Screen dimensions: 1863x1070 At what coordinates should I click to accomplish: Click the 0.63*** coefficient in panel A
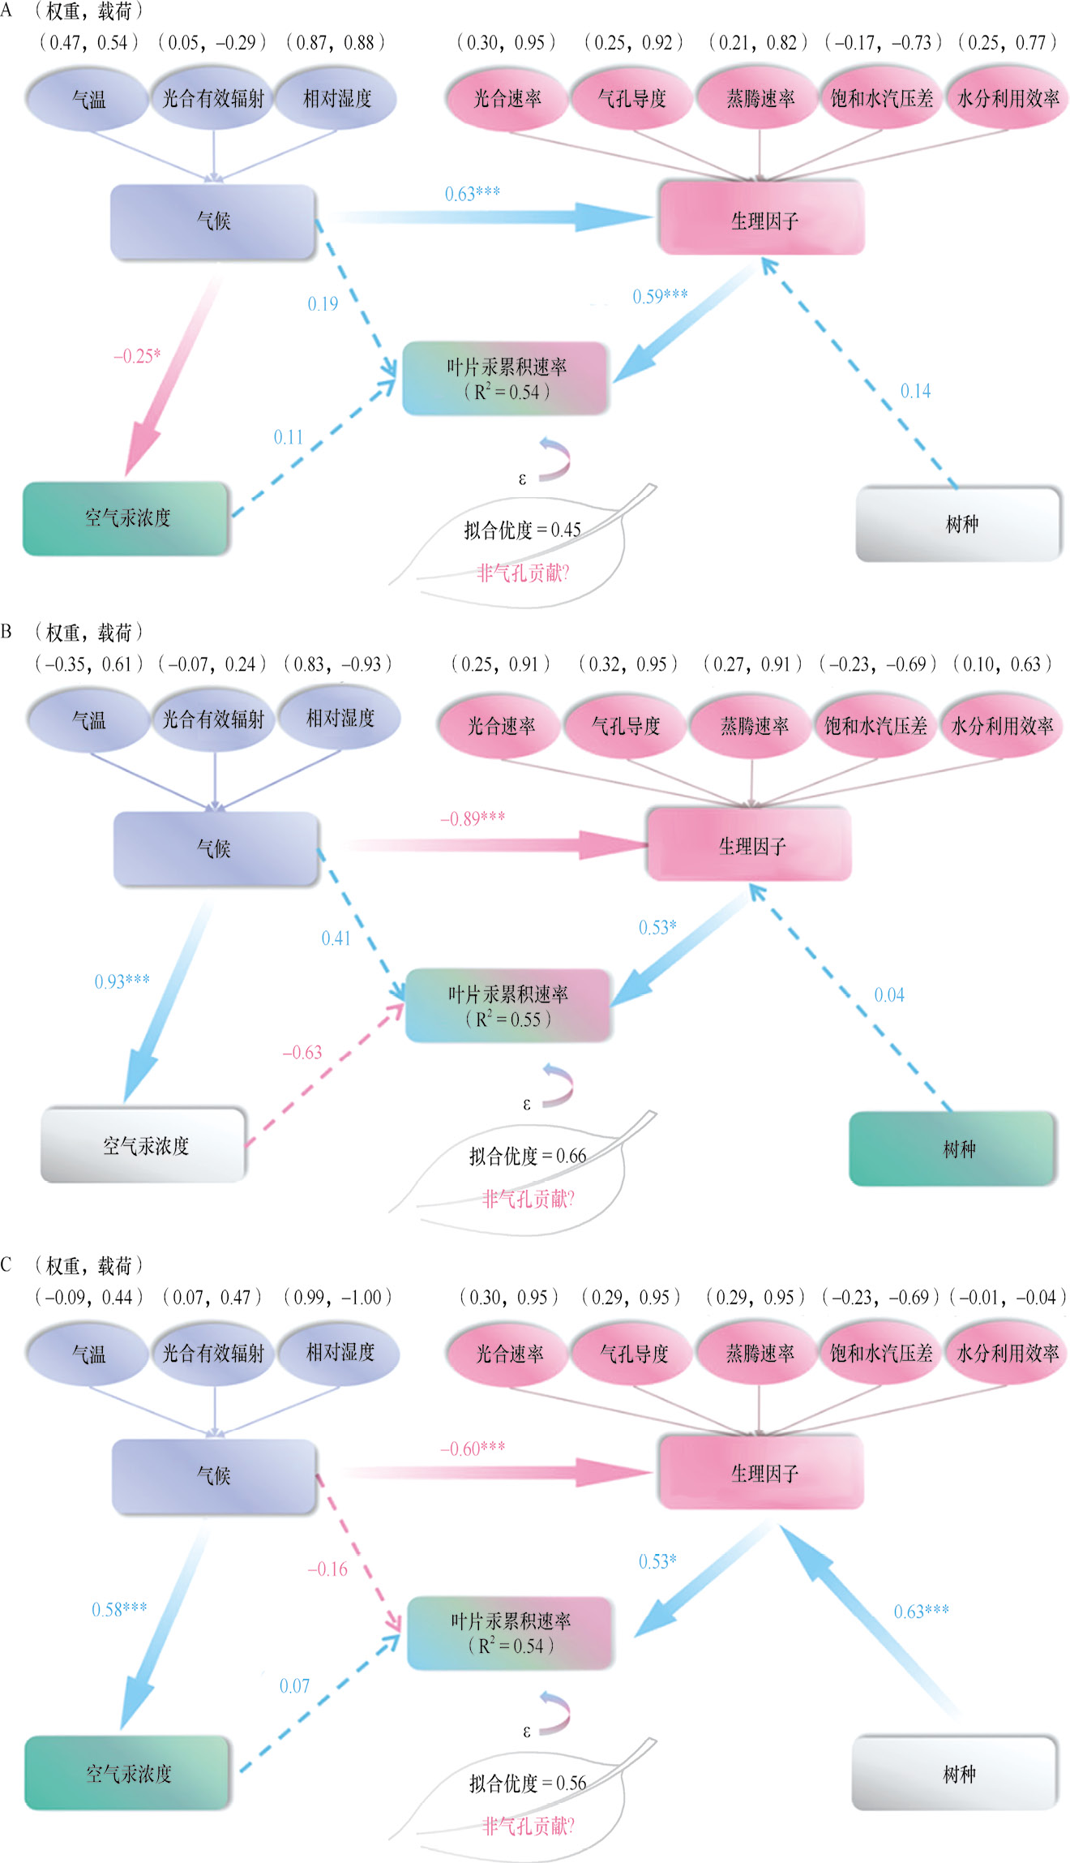point(472,194)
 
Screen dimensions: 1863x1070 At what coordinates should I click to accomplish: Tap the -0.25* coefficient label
point(137,356)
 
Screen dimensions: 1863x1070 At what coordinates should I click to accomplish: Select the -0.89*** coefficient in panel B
point(472,818)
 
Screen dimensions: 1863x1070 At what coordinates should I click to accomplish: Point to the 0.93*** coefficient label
point(122,981)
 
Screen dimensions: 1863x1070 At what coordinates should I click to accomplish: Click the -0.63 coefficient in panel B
point(302,1053)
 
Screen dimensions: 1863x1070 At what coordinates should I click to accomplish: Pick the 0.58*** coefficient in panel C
point(119,1609)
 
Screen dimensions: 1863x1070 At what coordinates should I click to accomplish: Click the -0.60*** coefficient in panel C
point(472,1449)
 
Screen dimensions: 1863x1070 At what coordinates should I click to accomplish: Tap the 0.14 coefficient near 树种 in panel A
point(915,391)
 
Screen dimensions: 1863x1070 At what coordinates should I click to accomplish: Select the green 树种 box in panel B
point(952,1148)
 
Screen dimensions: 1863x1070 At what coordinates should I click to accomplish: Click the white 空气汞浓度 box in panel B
point(144,1145)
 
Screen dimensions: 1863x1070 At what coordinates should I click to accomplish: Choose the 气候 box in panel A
point(213,221)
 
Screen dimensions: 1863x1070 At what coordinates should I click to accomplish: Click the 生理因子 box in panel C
point(761,1472)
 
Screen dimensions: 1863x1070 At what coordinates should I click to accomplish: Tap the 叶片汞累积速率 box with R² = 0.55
point(507,1006)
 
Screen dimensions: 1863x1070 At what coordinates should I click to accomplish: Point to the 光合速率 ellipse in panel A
point(507,99)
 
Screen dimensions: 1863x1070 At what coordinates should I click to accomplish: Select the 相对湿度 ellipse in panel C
point(340,1352)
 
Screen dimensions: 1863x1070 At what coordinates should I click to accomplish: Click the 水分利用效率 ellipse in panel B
point(1001,726)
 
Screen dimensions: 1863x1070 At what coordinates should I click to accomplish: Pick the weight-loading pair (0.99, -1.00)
point(336,1297)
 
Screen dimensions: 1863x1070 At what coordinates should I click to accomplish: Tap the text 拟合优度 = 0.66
point(527,1156)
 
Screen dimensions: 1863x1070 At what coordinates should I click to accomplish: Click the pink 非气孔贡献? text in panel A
point(523,573)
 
